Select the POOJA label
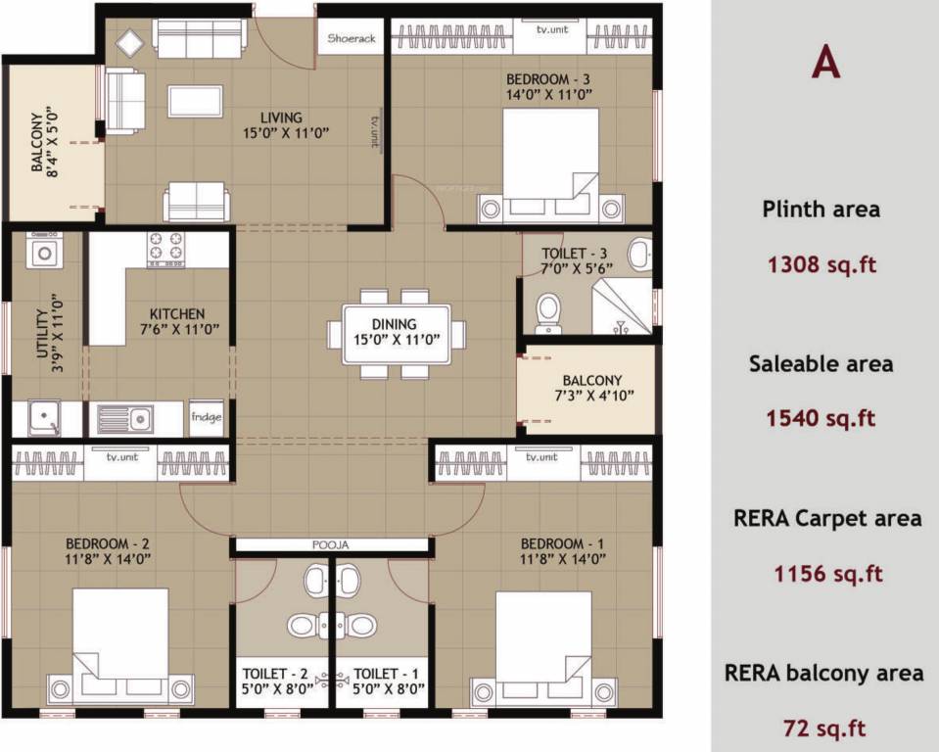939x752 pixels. click(x=330, y=545)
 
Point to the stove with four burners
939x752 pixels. click(x=165, y=248)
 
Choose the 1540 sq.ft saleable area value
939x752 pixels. click(x=822, y=418)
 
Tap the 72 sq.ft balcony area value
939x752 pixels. click(x=823, y=728)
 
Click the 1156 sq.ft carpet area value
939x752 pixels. click(x=822, y=573)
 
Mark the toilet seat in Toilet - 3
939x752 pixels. click(x=548, y=311)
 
